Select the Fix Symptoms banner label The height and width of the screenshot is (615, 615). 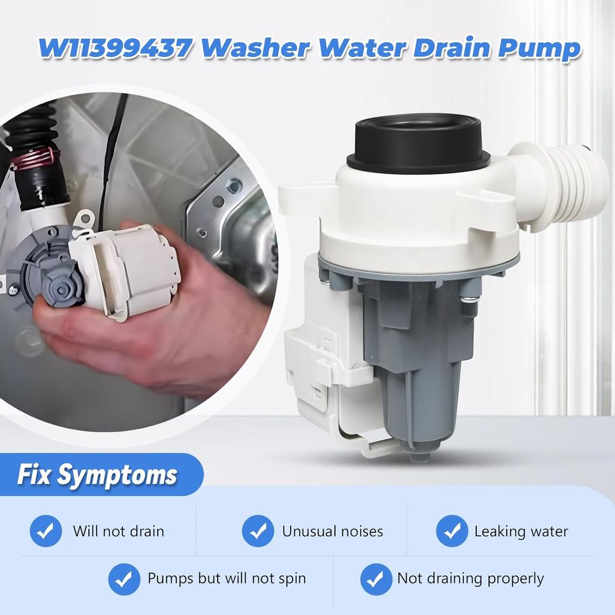pyautogui.click(x=97, y=474)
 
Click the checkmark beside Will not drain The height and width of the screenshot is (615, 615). pyautogui.click(x=46, y=531)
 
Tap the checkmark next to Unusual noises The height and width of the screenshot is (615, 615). pyautogui.click(x=258, y=531)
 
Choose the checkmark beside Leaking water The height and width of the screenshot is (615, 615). pyautogui.click(x=452, y=531)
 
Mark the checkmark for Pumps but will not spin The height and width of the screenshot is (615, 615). pyautogui.click(x=124, y=579)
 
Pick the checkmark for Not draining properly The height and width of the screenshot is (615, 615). pyautogui.click(x=376, y=579)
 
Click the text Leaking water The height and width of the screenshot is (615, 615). pyautogui.click(x=521, y=531)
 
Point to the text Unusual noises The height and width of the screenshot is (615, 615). pyautogui.click(x=332, y=531)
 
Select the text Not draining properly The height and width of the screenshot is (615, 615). pyautogui.click(x=470, y=579)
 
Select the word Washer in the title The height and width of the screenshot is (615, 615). pyautogui.click(x=259, y=47)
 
